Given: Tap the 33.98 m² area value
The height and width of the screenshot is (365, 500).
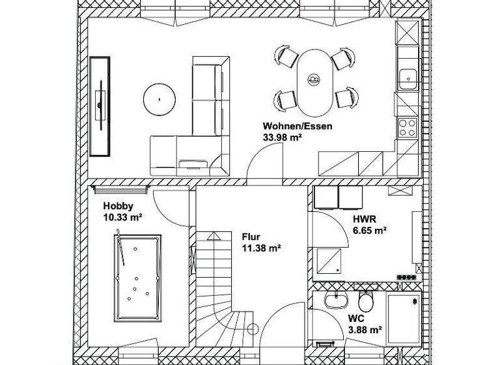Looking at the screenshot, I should [282, 137].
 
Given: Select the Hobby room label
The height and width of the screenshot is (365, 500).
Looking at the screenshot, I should [118, 207].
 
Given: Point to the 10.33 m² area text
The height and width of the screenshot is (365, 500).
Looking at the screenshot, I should [123, 217].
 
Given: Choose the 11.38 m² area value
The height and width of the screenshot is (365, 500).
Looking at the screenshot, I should [260, 248].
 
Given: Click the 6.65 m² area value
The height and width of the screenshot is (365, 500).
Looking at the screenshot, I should [369, 230].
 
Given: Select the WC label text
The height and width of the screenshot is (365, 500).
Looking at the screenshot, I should [355, 319].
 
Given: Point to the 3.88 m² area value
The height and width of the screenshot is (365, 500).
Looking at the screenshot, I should [364, 330].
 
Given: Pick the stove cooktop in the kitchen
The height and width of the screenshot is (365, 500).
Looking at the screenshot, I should [408, 126].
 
